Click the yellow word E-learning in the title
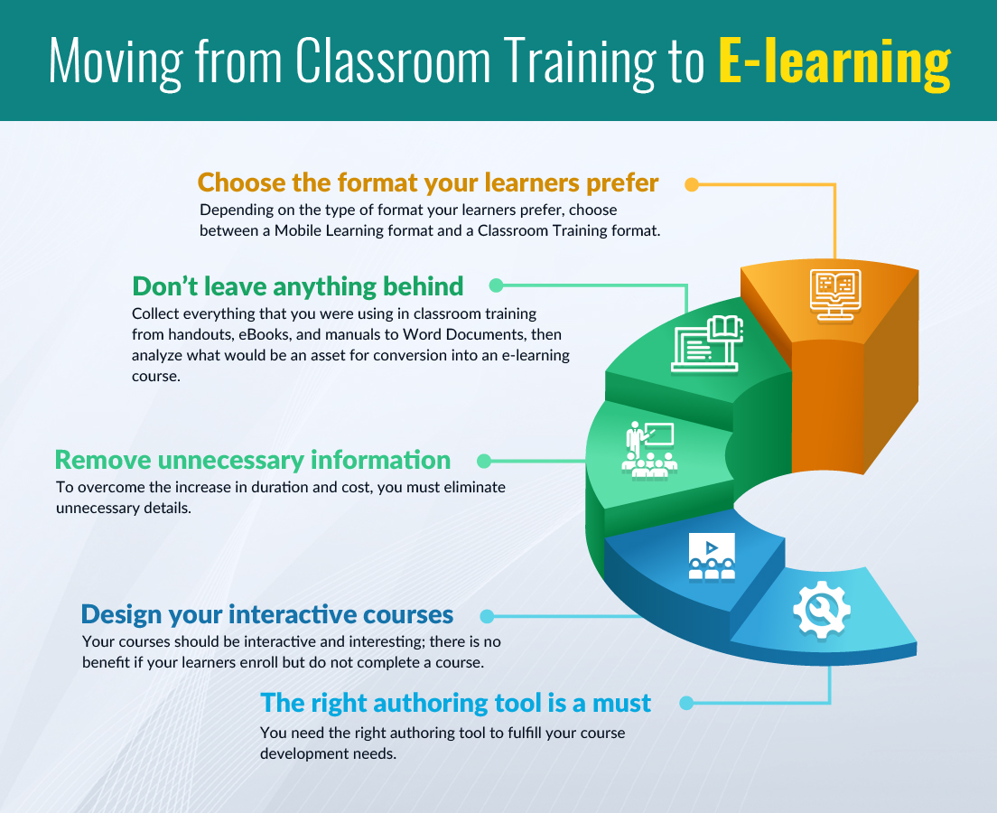[834, 61]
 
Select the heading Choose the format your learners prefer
[428, 183]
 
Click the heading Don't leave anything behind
[298, 286]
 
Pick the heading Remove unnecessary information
[253, 460]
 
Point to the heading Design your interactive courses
[267, 615]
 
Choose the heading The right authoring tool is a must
[455, 703]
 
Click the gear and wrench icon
[822, 609]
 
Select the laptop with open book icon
[707, 343]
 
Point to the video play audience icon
[712, 556]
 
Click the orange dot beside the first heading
[692, 184]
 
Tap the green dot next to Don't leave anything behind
[496, 285]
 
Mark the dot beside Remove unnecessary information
[484, 461]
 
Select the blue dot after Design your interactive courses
[487, 616]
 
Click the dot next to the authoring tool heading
[686, 703]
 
